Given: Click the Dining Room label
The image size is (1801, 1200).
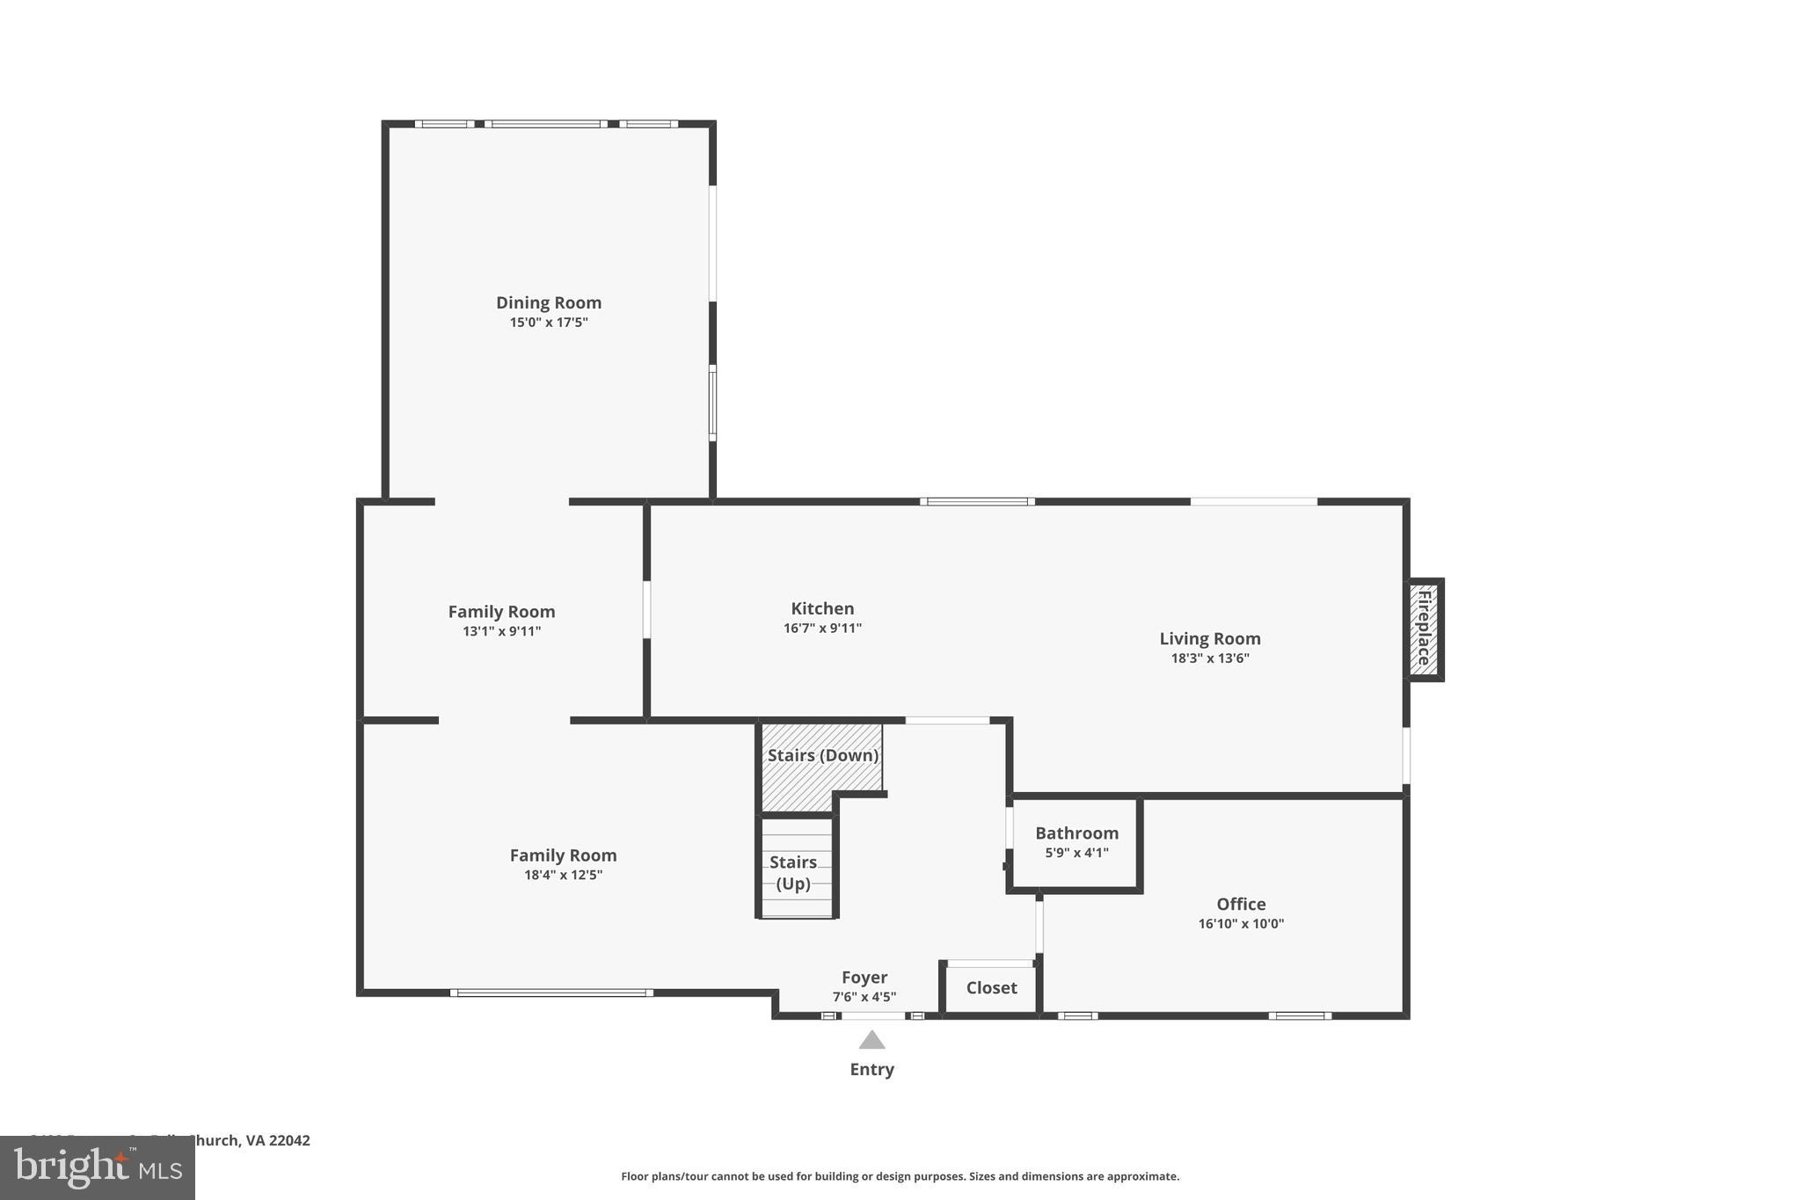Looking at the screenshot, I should pyautogui.click(x=548, y=302).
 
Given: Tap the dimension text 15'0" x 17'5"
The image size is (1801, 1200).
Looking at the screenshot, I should pyautogui.click(x=548, y=323).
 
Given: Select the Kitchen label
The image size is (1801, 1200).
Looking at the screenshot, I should pyautogui.click(x=822, y=608).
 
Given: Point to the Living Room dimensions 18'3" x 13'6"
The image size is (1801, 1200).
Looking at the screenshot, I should pyautogui.click(x=1209, y=658).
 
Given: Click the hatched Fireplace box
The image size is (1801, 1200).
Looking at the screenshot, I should pyautogui.click(x=1424, y=629).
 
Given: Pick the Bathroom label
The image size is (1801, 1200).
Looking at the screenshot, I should pyautogui.click(x=1076, y=833).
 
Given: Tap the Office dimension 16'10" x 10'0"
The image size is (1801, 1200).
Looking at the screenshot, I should pyautogui.click(x=1241, y=924).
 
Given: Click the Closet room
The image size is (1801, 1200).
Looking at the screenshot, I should pyautogui.click(x=991, y=988).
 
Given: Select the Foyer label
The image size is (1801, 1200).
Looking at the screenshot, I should pyautogui.click(x=864, y=978).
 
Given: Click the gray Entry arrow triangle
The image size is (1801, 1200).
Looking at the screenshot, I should pyautogui.click(x=871, y=1041).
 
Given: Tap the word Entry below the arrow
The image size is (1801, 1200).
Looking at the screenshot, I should pyautogui.click(x=871, y=1070).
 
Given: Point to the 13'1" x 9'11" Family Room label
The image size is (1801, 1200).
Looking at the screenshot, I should pyautogui.click(x=501, y=631).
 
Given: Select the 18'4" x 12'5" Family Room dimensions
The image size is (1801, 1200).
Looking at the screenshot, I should pyautogui.click(x=563, y=875).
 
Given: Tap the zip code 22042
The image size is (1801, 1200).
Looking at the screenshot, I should pyautogui.click(x=289, y=1140).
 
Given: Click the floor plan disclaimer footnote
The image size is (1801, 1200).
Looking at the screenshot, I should pyautogui.click(x=900, y=1176).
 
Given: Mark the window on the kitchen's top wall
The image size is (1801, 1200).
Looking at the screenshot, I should pyautogui.click(x=977, y=502).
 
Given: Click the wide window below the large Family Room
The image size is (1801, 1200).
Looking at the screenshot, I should pyautogui.click(x=551, y=993).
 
